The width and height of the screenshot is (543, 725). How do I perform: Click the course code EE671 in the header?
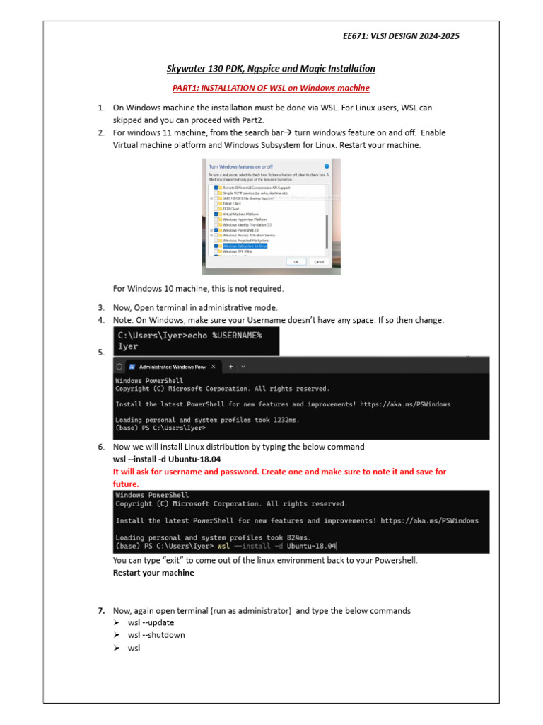(356, 36)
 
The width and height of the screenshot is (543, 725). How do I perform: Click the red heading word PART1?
(187, 88)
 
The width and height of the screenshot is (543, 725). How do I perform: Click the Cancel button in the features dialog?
(319, 261)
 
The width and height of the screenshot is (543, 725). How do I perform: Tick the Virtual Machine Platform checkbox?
(216, 214)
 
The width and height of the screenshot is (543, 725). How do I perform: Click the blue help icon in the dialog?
(326, 166)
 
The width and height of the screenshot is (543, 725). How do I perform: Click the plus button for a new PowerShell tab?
(230, 367)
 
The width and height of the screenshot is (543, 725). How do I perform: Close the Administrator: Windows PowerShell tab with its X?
(211, 367)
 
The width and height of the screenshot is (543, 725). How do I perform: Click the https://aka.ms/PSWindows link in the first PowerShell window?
(404, 404)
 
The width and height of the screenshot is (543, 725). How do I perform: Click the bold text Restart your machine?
(153, 573)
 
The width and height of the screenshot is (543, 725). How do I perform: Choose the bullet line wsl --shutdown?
(156, 635)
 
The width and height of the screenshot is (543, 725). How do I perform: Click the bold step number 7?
(102, 610)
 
